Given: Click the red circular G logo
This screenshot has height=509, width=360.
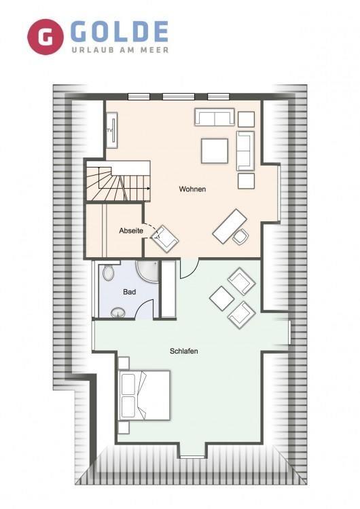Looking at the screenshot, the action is [45, 37].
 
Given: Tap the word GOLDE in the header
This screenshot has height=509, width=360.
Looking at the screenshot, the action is [119, 31].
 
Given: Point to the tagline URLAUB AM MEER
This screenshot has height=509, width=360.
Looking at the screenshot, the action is [120, 50].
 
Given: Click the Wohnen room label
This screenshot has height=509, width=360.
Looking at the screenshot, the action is [192, 189].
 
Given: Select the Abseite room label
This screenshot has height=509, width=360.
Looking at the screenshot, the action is [131, 231].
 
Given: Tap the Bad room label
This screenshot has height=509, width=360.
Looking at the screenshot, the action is [129, 292].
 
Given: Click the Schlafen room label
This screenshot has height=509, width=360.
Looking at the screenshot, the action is [184, 351].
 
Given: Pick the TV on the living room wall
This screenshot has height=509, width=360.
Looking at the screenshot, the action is [113, 130].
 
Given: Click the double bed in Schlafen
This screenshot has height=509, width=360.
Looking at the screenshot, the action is [145, 395].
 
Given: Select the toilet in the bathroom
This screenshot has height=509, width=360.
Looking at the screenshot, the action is [108, 273].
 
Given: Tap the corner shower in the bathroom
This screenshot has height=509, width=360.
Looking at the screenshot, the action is [147, 272].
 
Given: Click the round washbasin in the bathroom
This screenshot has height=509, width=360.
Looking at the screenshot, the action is [118, 313].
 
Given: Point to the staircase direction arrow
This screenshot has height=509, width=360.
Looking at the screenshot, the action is [136, 188].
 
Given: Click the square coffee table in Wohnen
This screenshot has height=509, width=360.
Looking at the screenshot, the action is [215, 151].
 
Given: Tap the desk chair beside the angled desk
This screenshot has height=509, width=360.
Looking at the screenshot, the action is [240, 236].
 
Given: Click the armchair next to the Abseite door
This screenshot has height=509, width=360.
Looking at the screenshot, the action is [165, 239].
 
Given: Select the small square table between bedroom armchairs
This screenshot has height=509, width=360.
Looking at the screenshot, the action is [222, 298].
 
